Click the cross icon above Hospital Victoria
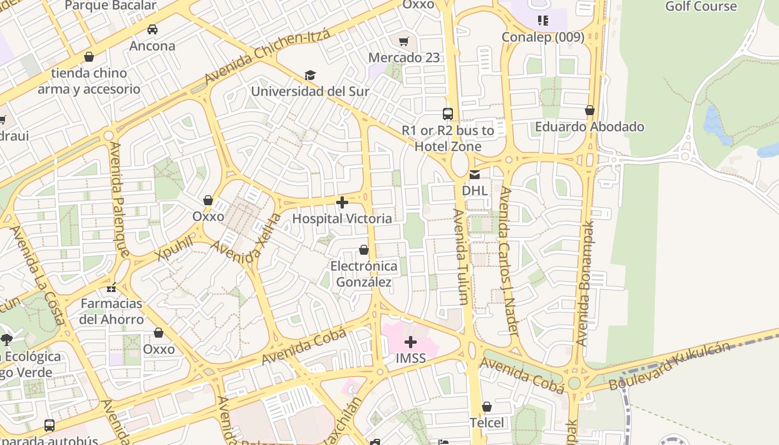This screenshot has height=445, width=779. tap(342, 202)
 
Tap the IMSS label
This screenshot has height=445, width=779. tap(411, 358)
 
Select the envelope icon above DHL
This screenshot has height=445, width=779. tap(474, 175)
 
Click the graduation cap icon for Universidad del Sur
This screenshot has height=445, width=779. tap(310, 75)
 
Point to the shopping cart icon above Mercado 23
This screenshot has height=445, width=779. tap(404, 41)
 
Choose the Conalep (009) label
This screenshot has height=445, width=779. tap(543, 37)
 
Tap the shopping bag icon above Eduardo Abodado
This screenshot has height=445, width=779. tap(589, 111)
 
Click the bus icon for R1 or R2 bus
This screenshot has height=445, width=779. tap(448, 114)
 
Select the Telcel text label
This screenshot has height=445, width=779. tap(487, 423)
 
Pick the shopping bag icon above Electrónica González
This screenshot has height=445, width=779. tap(364, 250)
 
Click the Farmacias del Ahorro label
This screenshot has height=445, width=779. tap(111, 311)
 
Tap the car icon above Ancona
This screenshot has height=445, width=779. tap(152, 29)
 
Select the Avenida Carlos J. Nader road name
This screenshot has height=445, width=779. tap(509, 260)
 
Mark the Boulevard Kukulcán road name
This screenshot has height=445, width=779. tap(669, 367)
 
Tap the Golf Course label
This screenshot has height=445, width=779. tap(701, 7)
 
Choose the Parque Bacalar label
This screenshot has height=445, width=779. tap(111, 6)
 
